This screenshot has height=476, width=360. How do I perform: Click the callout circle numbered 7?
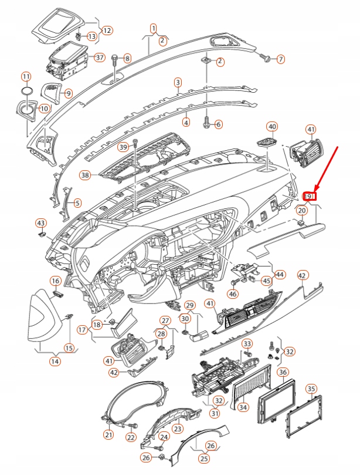coord(280,59)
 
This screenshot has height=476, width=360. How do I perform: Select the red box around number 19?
coord(310,196)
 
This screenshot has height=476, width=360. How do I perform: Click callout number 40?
coord(272,126)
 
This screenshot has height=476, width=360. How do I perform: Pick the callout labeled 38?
coord(86,175)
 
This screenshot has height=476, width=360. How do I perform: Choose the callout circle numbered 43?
coord(40,223)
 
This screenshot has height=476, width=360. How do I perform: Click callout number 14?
coord(55,362)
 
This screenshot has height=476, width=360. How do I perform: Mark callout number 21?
coord(108,435)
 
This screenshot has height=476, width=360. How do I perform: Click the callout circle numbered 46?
coord(233,293)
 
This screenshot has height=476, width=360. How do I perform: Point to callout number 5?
coord(77,203)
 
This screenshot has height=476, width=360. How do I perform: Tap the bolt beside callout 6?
coord(206,124)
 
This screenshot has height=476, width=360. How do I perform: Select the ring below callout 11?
coord(26,91)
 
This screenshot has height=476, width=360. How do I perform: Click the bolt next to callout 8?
coord(114,58)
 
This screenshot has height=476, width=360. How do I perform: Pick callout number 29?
coord(189,305)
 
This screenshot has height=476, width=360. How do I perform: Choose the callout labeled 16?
coord(55,281)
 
